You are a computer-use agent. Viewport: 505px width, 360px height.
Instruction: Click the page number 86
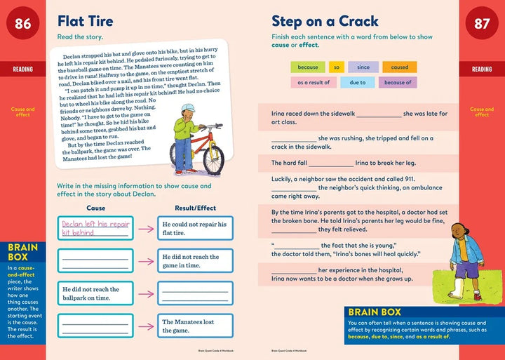pos(23,24)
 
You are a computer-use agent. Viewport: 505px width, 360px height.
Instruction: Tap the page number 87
pos(482,24)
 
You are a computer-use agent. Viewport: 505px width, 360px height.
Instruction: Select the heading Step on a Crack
pos(325,21)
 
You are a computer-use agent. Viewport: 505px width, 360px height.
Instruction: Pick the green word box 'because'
pos(307,67)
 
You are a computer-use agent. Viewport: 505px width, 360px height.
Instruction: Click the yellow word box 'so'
pos(337,67)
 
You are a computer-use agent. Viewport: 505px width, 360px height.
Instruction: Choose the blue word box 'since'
pos(363,67)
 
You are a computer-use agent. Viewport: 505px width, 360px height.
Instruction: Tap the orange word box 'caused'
pos(399,67)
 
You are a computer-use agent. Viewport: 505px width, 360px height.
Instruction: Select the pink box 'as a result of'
pos(313,83)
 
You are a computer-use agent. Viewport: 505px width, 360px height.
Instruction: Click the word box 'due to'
pos(358,83)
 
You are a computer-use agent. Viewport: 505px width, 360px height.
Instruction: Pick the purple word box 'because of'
pos(398,83)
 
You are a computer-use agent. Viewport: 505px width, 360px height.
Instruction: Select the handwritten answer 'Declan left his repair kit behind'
pos(95,228)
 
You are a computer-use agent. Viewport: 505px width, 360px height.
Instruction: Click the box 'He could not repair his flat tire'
pos(196,228)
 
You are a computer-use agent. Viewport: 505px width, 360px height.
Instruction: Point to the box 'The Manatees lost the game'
pos(196,326)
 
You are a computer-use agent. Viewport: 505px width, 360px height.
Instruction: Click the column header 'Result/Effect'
pos(196,208)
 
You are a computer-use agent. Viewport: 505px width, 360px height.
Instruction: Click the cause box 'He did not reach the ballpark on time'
pos(95,293)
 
